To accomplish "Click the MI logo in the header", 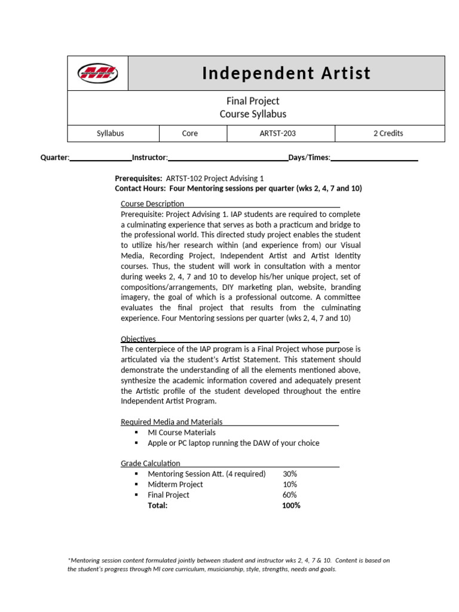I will (x=97, y=74).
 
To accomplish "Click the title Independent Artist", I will (x=286, y=74).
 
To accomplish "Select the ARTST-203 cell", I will (x=281, y=133).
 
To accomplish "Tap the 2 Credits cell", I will (x=388, y=133).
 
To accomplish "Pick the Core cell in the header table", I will (x=189, y=133).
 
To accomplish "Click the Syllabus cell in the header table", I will (x=111, y=133).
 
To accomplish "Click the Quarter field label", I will (x=55, y=158).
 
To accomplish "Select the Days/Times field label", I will (x=310, y=158).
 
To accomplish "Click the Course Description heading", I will (x=152, y=204).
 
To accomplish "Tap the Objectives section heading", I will (x=138, y=339).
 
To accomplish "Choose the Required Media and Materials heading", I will (x=172, y=422).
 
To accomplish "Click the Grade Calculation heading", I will (x=151, y=463).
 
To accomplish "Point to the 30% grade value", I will (x=290, y=474).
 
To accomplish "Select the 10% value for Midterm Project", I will (x=290, y=485).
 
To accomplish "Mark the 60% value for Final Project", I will (x=290, y=495).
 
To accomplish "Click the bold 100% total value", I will (x=291, y=506).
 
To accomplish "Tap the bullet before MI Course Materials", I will (x=136, y=432).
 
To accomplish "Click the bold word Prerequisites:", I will (x=138, y=179).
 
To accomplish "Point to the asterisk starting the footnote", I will (x=69, y=560).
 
